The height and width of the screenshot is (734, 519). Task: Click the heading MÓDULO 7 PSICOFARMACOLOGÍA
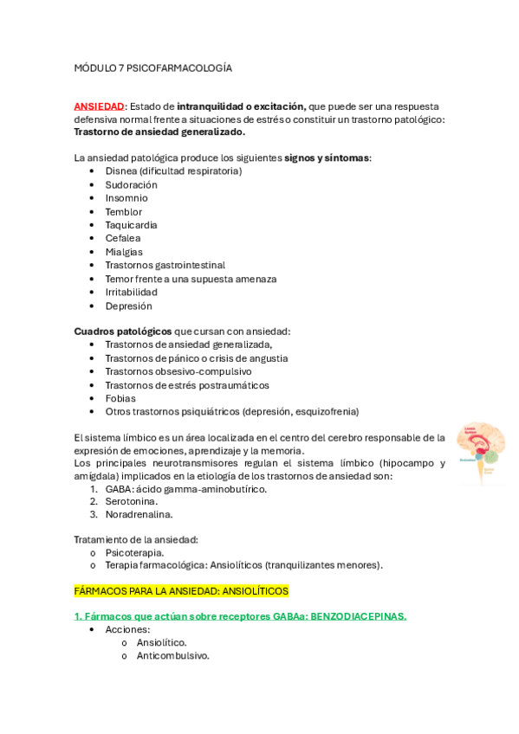(x=152, y=68)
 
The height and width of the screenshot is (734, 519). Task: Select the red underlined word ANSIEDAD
(x=100, y=106)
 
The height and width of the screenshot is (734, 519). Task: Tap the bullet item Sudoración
(x=131, y=184)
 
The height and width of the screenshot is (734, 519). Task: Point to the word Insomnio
(x=127, y=198)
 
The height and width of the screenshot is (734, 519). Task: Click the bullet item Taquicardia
(x=131, y=225)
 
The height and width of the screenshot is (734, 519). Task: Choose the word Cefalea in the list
(x=123, y=238)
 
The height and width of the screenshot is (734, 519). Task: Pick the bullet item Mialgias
(x=124, y=252)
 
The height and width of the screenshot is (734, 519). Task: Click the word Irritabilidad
(x=132, y=293)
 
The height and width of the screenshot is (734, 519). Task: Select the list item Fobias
(x=120, y=398)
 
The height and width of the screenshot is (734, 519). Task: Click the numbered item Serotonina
(x=132, y=501)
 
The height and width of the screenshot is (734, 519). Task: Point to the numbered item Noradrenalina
(x=139, y=514)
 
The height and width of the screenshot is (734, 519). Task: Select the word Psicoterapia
(x=134, y=551)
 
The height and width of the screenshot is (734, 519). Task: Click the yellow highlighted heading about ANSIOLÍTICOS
(x=181, y=590)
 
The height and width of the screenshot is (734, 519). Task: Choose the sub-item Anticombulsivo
(x=172, y=655)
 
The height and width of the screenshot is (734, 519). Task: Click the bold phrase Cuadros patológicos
(x=123, y=332)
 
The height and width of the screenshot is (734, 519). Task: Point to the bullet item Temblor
(x=124, y=211)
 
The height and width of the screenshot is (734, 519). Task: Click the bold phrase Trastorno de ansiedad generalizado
(x=159, y=132)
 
